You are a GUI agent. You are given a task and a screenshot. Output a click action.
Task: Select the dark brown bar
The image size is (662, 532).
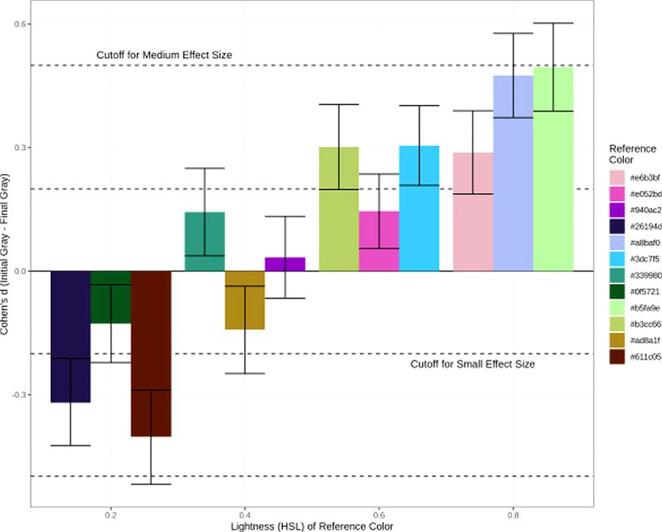pos(150,353)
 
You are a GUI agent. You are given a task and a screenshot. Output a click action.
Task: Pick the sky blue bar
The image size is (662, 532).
pos(419,208)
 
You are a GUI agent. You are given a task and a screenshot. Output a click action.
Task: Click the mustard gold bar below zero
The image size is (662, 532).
pos(245,300)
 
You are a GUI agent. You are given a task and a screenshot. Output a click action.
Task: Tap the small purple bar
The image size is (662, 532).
pos(285,264)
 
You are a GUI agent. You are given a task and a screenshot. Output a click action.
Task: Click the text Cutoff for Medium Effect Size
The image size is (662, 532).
pos(164,55)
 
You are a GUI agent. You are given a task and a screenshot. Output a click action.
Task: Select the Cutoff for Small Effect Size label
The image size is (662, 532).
pos(473,365)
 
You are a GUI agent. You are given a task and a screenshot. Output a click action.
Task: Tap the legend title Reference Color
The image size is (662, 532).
pos(626,154)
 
